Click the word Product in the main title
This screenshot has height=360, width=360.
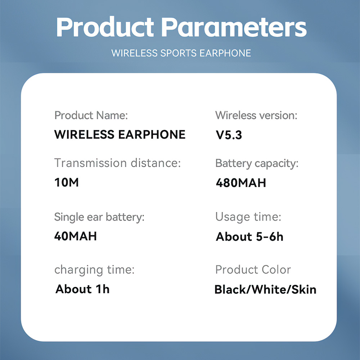coord(105,27)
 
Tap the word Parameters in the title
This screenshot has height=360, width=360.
coord(234,27)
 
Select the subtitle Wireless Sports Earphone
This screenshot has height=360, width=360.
coord(181,53)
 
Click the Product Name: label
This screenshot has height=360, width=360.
coord(91,115)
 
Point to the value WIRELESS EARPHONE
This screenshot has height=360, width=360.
coord(120,135)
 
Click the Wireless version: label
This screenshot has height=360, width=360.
coord(256,115)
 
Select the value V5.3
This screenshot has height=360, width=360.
coord(229,135)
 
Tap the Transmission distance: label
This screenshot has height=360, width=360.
coord(118,163)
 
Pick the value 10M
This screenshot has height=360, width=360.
coord(67,183)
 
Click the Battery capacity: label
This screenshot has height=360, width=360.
coord(257,164)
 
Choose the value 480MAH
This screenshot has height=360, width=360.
coord(241,183)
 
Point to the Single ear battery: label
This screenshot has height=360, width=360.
coord(99,217)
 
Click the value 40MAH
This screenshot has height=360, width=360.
coord(76,236)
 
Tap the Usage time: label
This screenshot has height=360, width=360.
coord(248,217)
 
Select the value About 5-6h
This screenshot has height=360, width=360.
coord(249,237)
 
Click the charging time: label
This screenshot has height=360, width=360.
coord(94,270)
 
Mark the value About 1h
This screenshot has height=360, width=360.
coord(82,289)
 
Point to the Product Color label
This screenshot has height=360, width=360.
coord(253,270)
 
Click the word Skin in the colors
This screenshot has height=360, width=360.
coord(304,289)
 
